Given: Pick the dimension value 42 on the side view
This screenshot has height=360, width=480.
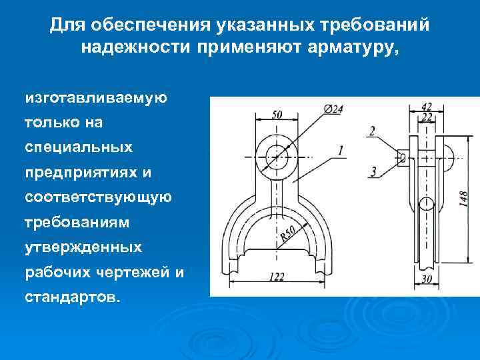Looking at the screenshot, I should tap(427, 106).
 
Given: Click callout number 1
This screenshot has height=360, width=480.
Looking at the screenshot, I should tap(341, 151).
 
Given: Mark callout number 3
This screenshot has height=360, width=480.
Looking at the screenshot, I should tap(373, 172).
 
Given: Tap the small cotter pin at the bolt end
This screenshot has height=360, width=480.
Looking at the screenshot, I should tap(401, 157).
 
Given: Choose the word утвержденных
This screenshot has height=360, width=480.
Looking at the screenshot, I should tap(83, 247).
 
